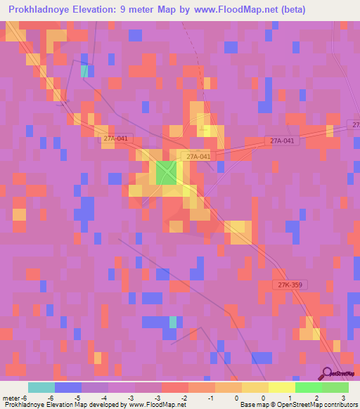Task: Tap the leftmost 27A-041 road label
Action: [115, 139]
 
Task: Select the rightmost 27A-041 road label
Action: [284, 141]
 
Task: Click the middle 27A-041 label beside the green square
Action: [196, 156]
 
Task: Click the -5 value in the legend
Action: [77, 398]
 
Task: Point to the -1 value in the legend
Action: [210, 398]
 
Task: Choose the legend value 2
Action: [317, 398]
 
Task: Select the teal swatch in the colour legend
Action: [41, 387]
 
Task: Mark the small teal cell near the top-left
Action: [84, 70]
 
